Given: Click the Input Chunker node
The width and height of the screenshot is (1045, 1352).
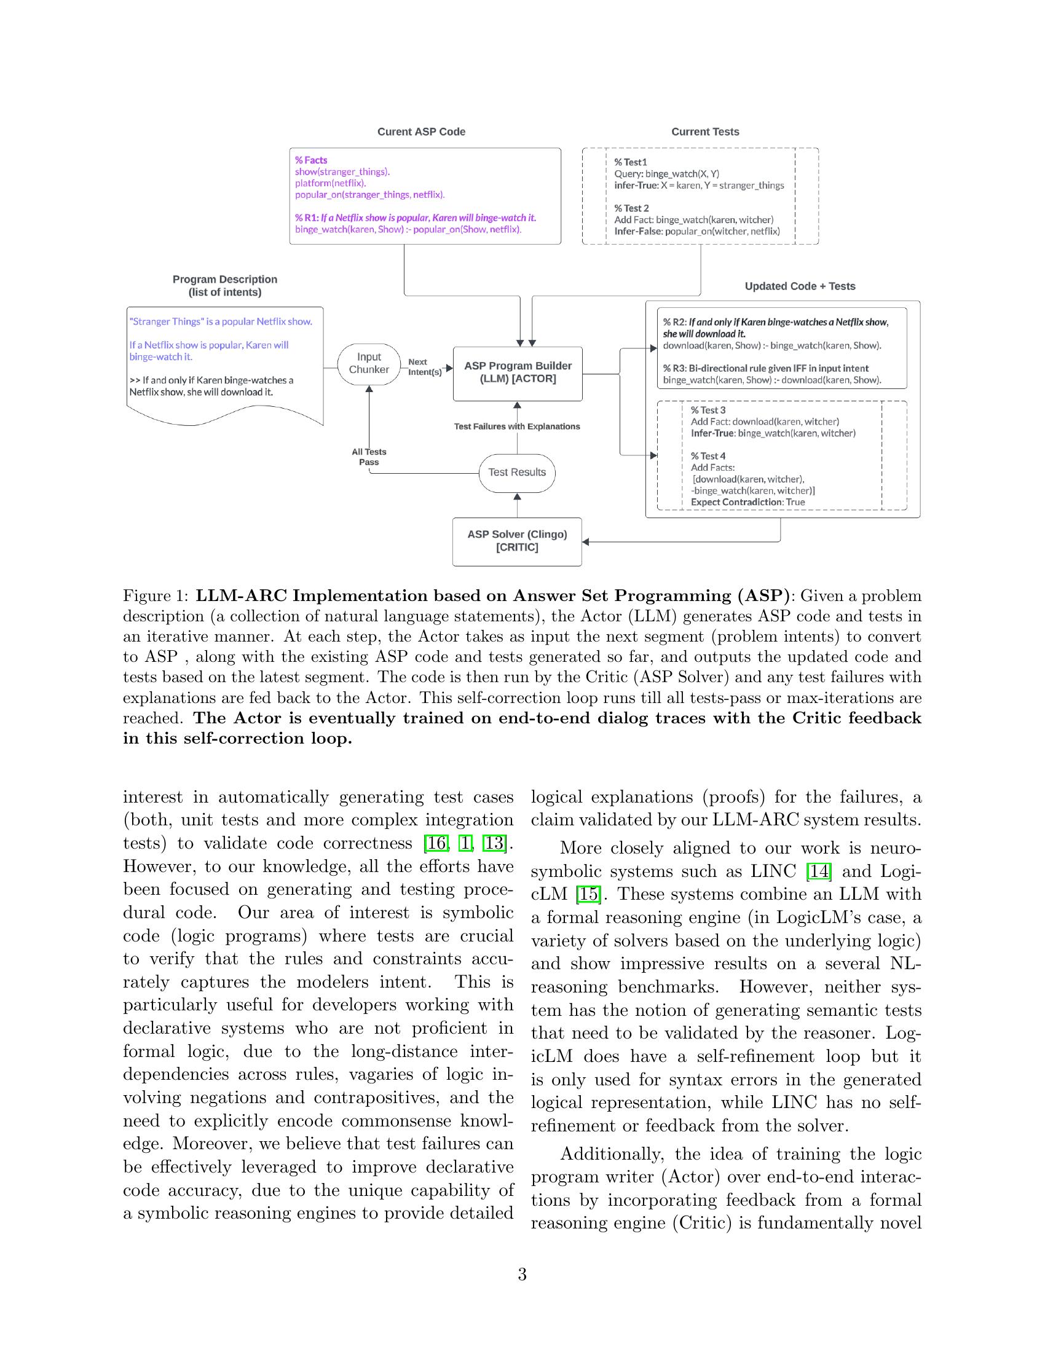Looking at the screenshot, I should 368,364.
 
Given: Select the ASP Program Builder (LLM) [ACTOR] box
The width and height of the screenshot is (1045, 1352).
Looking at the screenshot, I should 518,372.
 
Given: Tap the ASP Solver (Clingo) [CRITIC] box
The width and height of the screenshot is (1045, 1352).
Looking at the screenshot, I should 517,541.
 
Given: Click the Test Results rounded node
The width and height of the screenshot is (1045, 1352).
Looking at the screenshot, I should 517,473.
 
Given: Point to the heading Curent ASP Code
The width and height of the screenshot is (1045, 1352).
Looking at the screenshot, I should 421,132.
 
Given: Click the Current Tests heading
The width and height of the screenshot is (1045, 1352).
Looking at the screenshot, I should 705,132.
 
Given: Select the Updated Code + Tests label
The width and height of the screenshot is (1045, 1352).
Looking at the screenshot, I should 800,286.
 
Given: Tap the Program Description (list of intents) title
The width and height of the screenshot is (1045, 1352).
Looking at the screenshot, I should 225,286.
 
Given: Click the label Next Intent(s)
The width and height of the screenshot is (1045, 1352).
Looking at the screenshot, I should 424,367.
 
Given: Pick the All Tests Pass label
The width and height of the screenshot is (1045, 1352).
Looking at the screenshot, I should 369,457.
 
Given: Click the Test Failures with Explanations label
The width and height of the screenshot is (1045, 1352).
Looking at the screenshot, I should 517,426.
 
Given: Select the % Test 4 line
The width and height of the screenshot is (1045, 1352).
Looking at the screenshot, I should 708,456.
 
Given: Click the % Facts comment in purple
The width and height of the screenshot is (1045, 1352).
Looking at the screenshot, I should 311,160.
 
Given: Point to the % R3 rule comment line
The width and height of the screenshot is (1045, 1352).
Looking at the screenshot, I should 765,368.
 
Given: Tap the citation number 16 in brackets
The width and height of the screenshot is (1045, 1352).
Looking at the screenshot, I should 435,843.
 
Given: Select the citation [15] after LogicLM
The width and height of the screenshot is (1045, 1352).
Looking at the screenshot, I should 586,895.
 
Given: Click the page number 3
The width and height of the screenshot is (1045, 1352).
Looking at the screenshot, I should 522,1275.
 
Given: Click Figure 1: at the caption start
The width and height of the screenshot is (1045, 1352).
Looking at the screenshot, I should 156,595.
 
